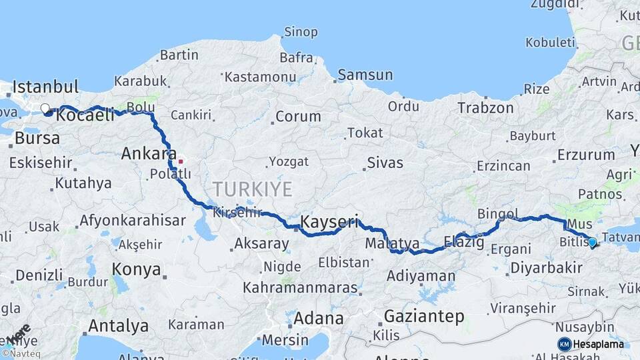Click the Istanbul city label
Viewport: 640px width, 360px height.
coord(45,87)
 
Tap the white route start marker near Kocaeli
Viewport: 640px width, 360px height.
coord(45,107)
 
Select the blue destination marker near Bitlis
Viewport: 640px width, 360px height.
coord(592,242)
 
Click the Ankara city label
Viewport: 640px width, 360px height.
coord(149,154)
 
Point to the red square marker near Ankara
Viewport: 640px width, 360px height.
coord(181,161)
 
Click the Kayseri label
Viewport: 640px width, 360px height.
coord(329,221)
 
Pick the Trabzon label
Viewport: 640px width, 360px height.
coord(485,107)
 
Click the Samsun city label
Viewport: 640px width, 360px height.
coord(364,75)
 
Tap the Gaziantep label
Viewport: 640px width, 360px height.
coord(424,317)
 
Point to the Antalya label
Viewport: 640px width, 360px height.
coord(118,326)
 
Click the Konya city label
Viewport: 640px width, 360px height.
coord(136,269)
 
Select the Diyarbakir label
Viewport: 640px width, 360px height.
coord(545,269)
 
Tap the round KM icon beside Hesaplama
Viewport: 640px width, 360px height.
coord(564,344)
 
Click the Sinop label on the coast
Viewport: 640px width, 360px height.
coord(301,32)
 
